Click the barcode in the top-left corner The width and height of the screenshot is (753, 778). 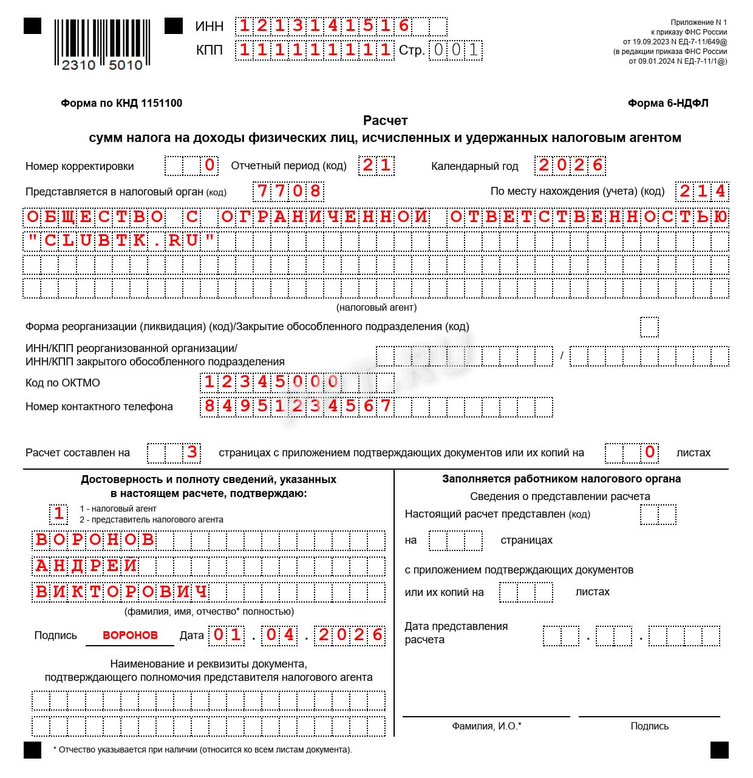(102, 44)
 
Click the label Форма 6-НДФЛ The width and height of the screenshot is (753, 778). (668, 103)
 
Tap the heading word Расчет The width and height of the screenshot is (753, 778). (385, 120)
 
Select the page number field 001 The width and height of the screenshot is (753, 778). (455, 50)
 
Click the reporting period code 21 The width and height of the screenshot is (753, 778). (376, 165)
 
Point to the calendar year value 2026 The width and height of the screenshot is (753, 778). (571, 165)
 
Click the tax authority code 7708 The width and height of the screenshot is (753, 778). (288, 191)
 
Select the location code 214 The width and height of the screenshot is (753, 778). (702, 191)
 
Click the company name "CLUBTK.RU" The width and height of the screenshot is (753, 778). (121, 241)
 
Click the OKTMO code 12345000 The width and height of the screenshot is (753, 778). (271, 382)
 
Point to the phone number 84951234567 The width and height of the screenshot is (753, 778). (298, 406)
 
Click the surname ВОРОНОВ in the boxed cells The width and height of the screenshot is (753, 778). (95, 540)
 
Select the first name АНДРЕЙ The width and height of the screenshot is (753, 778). (86, 566)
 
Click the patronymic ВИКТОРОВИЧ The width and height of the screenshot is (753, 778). (121, 591)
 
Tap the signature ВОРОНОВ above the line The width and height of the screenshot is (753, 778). (130, 635)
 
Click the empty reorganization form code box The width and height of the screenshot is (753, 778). (649, 327)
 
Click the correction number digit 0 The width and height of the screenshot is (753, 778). (210, 165)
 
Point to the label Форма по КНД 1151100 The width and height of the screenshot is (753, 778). (121, 103)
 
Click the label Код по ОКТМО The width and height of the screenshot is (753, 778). (63, 383)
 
